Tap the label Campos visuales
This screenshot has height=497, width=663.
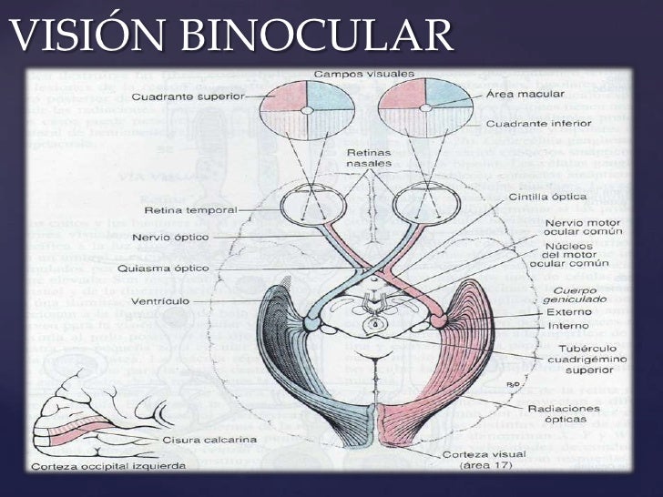click(x=363, y=73)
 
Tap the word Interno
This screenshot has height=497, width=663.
click(x=568, y=325)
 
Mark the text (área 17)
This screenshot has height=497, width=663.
click(x=487, y=465)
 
